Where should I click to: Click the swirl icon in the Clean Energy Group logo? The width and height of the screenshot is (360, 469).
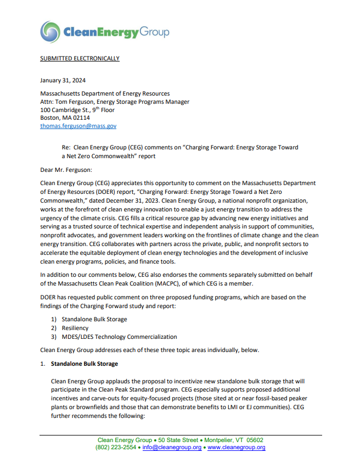point(50,32)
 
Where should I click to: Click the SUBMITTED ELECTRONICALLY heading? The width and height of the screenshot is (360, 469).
point(80,58)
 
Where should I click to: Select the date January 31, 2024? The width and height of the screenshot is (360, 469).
point(63,80)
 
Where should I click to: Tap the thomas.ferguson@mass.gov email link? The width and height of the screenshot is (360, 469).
point(78,126)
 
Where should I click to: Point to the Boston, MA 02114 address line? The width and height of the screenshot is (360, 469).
point(65,118)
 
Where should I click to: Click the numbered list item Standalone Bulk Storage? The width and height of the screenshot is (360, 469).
point(94,319)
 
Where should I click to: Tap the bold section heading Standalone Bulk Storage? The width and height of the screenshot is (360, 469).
point(84,364)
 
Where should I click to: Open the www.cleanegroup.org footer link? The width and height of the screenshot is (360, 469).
point(237,448)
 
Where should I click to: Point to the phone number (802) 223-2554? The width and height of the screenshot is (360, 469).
point(116,448)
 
